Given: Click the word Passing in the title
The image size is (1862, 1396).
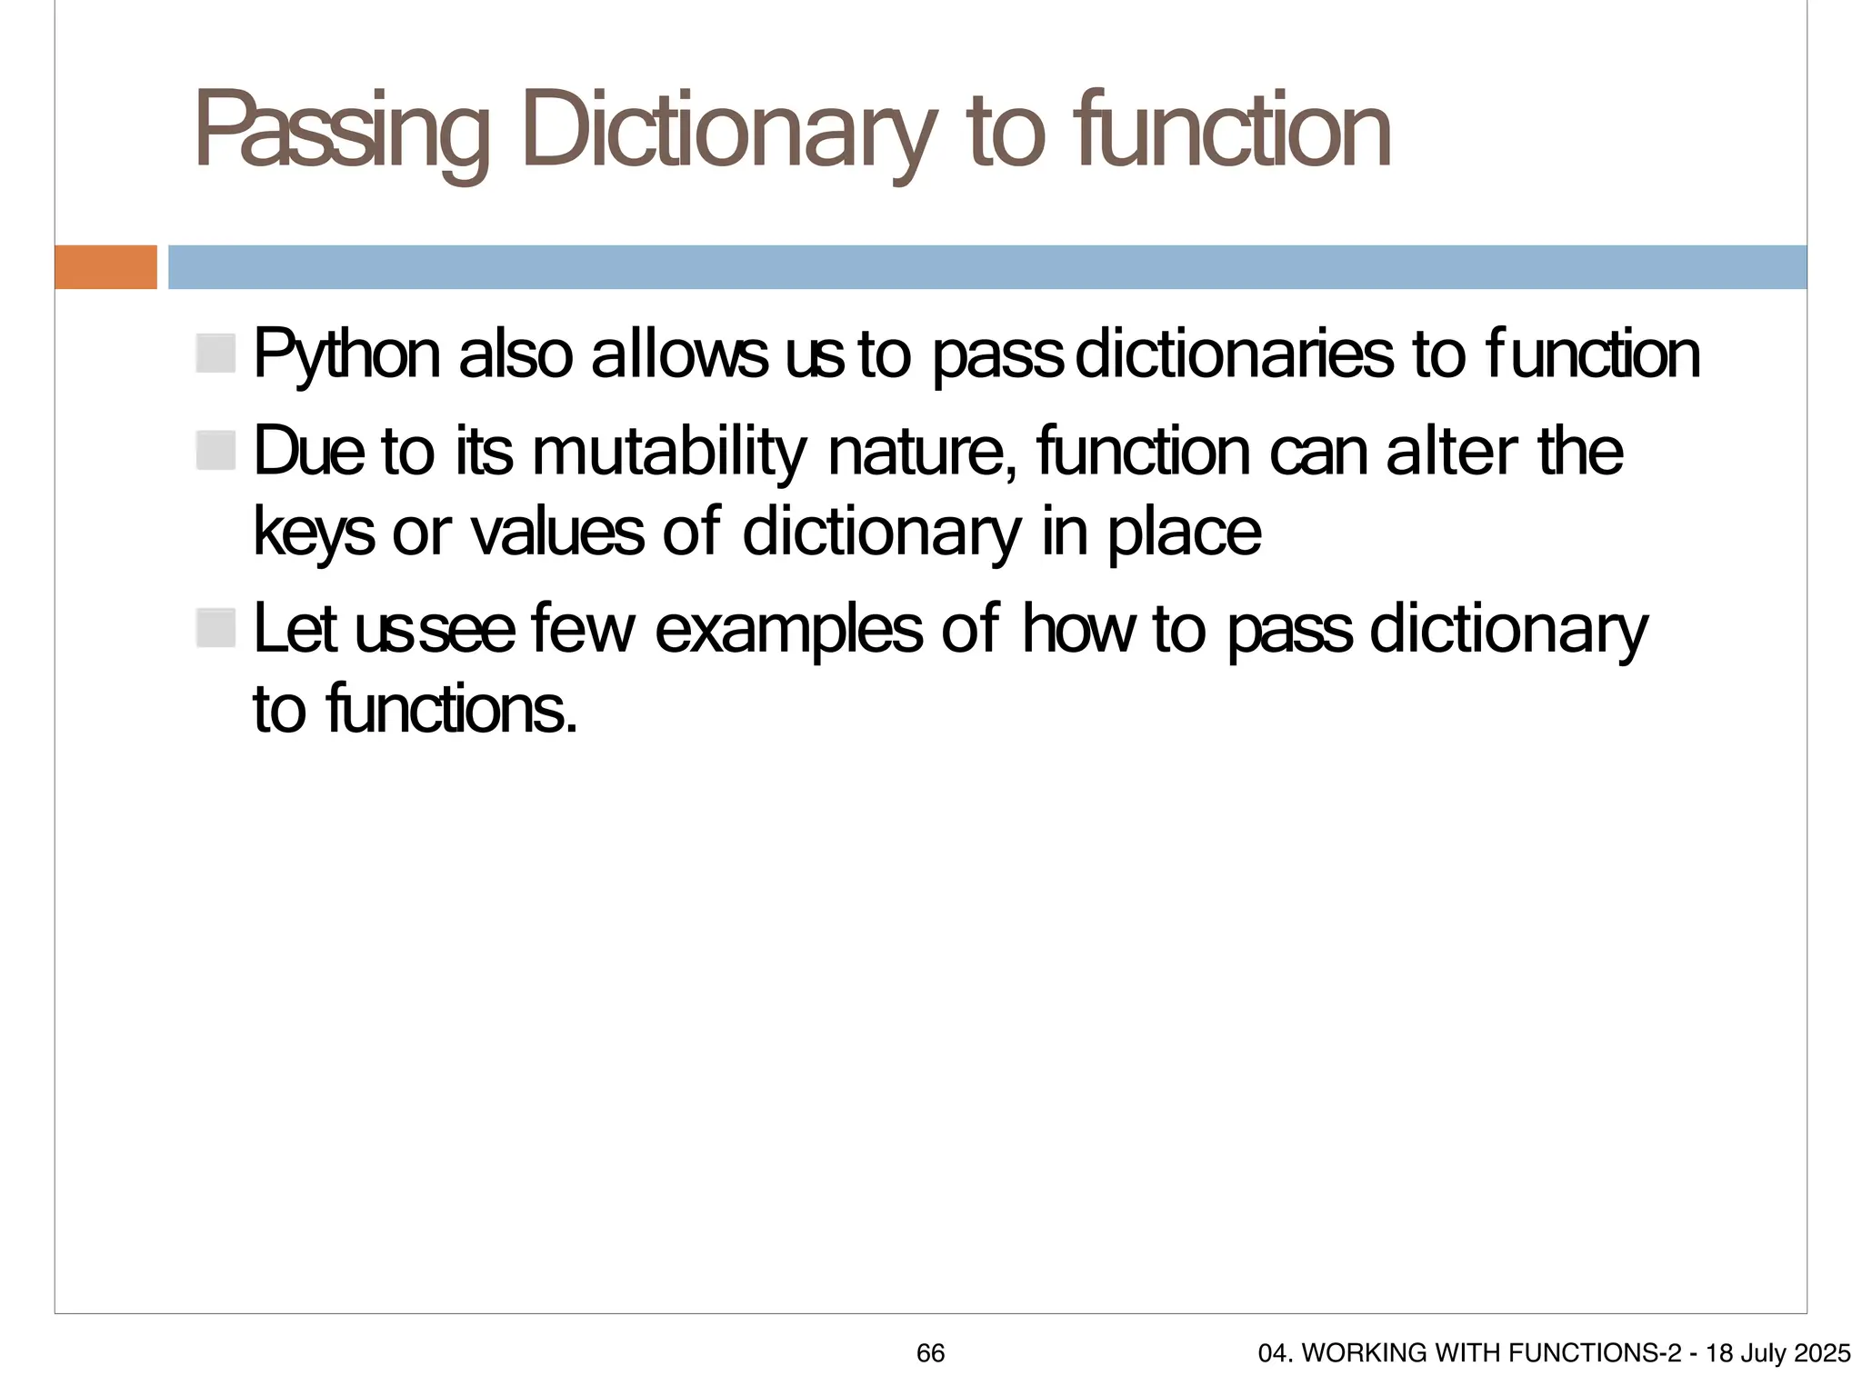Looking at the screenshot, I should (341, 133).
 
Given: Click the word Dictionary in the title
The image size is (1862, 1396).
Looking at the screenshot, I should (727, 133).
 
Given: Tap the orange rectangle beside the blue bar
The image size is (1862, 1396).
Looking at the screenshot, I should (105, 267).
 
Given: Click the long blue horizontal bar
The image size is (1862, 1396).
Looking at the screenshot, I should (986, 267).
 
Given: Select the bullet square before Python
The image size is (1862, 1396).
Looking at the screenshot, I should (215, 354).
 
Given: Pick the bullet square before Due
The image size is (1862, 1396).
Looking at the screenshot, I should (215, 451).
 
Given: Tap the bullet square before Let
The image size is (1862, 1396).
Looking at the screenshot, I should (215, 628).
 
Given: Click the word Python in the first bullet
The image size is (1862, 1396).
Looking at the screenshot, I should (346, 355).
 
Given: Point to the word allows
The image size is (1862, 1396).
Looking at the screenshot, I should (679, 355).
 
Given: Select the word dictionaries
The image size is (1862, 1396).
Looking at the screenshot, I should (1234, 355).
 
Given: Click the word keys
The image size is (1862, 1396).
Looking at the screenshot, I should (314, 533).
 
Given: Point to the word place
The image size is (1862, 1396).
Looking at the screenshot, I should (1184, 533).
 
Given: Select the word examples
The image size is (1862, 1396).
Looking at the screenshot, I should (788, 630).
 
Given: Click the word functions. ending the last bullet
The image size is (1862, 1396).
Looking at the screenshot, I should (451, 710).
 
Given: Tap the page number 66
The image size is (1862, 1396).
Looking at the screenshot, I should (930, 1353).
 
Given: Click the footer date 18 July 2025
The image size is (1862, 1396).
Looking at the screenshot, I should (1777, 1353).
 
